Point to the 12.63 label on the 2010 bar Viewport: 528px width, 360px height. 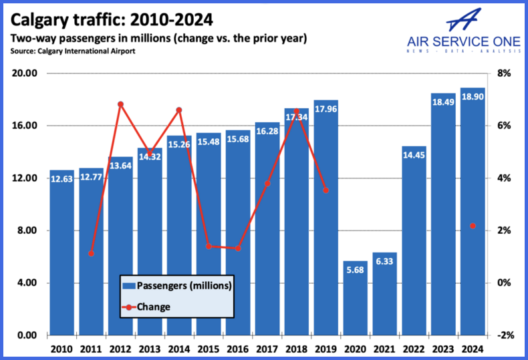click(x=61, y=179)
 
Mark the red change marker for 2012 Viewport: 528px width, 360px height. click(x=120, y=104)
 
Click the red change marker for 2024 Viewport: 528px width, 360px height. click(x=473, y=226)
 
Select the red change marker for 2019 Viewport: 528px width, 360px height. click(x=325, y=190)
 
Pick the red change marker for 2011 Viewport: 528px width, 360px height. click(x=91, y=253)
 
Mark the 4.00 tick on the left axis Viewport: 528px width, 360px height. click(x=25, y=283)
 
